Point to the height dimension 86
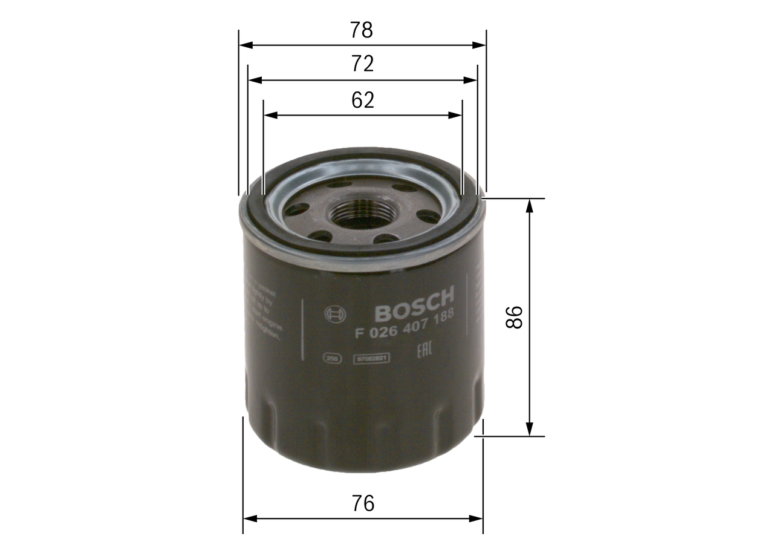[x=513, y=317]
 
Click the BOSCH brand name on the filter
[x=414, y=306]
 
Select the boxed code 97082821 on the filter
[x=371, y=358]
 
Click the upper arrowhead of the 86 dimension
[x=530, y=204]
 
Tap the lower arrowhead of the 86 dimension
[x=530, y=430]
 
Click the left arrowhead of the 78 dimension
[x=244, y=45]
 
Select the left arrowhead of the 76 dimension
[x=249, y=518]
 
